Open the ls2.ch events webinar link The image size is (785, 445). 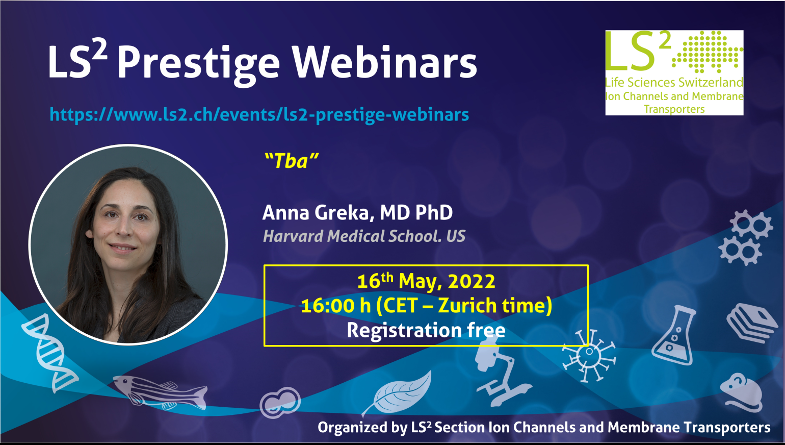[259, 115]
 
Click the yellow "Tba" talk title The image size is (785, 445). [292, 161]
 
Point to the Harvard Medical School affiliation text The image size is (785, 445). [364, 236]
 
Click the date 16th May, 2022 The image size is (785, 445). [426, 281]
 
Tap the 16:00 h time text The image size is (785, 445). [336, 305]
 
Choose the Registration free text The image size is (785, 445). [426, 330]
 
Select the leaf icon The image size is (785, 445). [398, 392]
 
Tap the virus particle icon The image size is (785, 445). [589, 355]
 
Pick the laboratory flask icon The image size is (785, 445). [673, 335]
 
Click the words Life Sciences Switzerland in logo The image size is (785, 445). [674, 83]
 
